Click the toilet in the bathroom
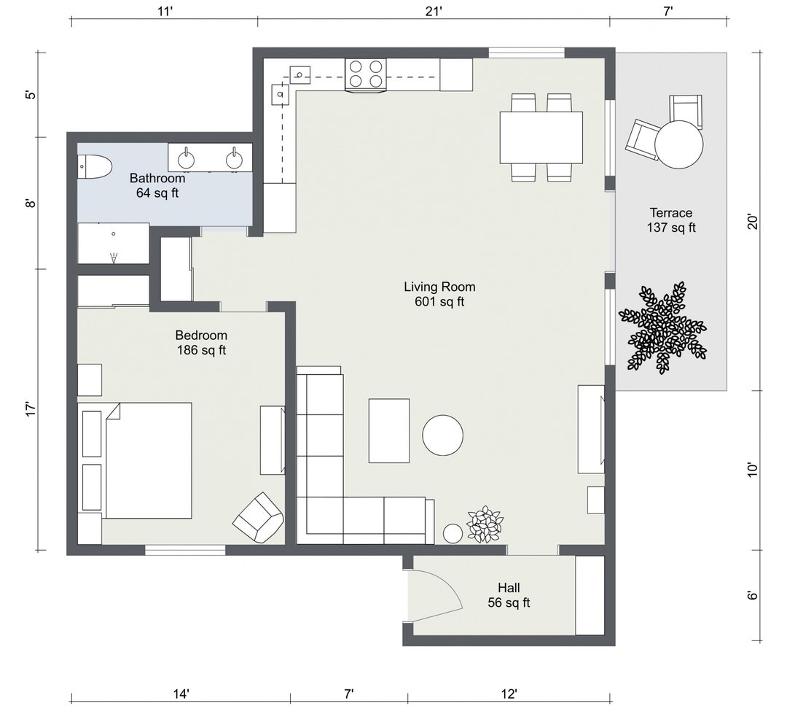[x=95, y=167]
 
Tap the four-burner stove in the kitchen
[x=365, y=74]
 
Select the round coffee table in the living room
[x=442, y=435]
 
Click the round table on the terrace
[x=679, y=144]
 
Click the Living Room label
[x=439, y=287]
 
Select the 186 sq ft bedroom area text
[x=201, y=350]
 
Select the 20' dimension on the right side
[x=753, y=220]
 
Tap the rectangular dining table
[x=541, y=137]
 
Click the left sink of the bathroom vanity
[x=188, y=156]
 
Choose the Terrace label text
[x=670, y=213]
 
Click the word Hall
[x=509, y=588]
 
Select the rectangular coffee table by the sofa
[x=389, y=430]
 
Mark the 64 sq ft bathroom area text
[x=157, y=193]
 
